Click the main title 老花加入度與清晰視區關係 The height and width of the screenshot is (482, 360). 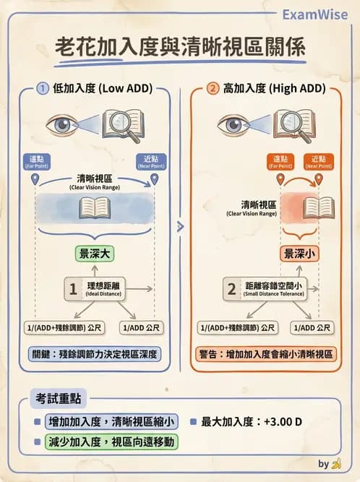coord(180,48)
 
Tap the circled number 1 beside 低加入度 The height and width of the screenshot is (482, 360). coord(43,89)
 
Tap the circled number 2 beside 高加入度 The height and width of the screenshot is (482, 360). coord(212,89)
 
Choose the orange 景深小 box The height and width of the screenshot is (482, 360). coord(299,254)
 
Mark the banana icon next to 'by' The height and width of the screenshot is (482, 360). coord(336,464)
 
